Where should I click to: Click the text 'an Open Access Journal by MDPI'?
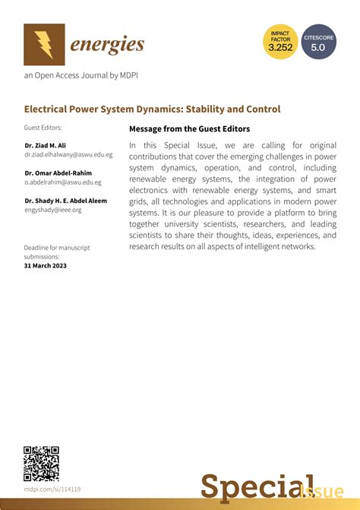[81, 75]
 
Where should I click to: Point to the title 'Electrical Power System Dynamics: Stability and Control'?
[152, 109]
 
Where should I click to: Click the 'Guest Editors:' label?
[43, 128]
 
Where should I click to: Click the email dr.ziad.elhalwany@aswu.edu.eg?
[68, 154]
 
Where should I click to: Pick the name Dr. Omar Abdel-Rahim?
[58, 173]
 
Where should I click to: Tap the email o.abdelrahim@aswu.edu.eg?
[63, 182]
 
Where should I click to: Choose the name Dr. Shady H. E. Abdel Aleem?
[66, 201]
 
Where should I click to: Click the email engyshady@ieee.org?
[53, 210]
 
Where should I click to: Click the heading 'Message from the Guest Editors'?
[189, 129]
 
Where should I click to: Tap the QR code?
[41, 463]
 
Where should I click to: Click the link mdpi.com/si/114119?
[52, 489]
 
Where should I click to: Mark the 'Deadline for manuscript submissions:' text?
[58, 252]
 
